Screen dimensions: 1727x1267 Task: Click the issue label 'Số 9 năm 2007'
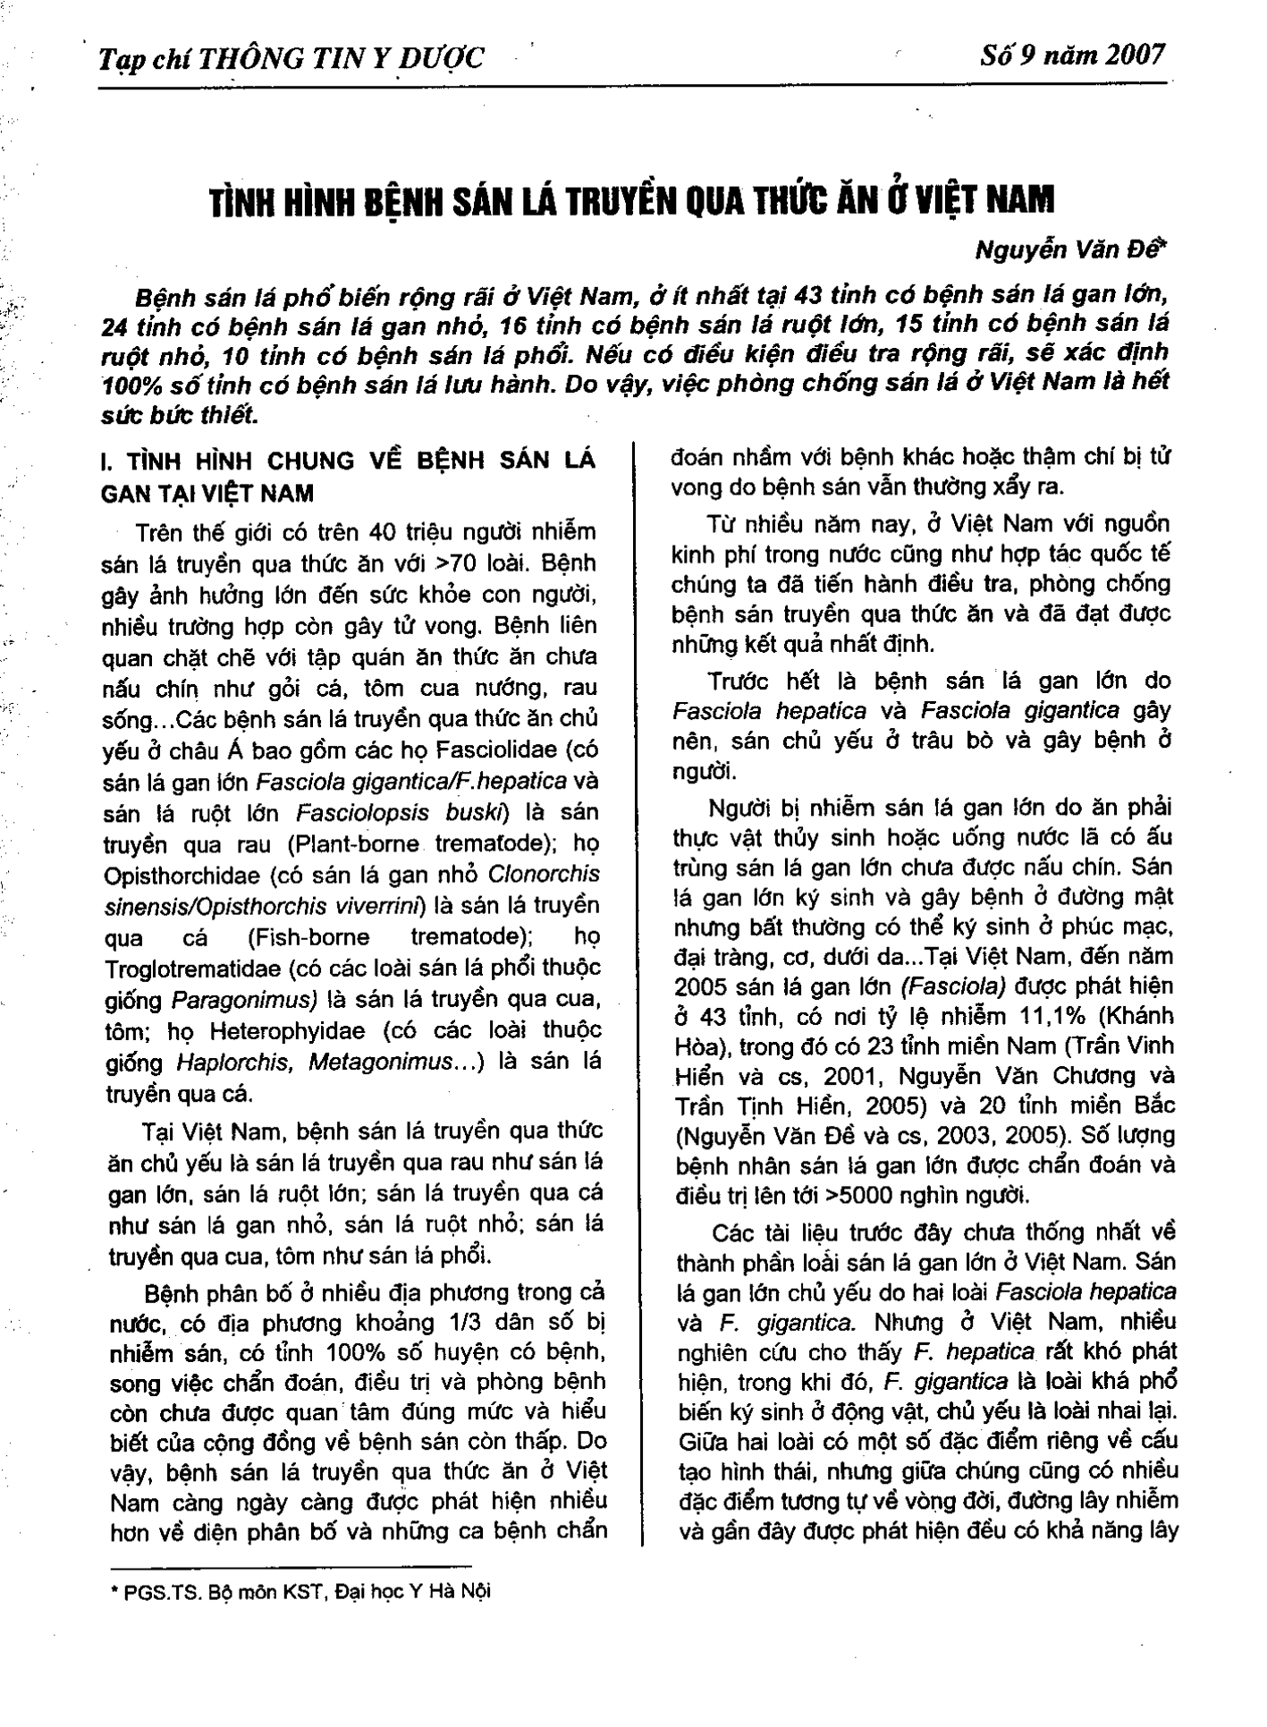pos(1073,55)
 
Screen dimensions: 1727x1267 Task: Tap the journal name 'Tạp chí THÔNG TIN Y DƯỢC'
pos(292,59)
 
